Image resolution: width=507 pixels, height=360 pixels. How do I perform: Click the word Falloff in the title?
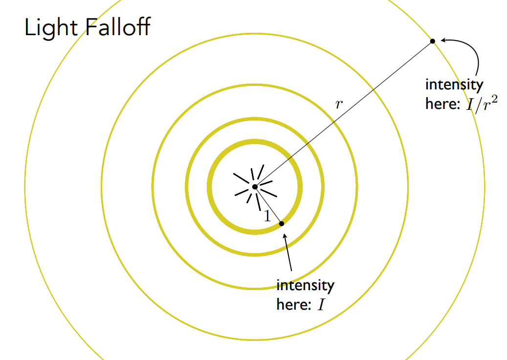(118, 26)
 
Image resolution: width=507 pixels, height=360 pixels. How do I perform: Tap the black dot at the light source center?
(255, 187)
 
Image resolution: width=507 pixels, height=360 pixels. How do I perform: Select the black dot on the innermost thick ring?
(281, 224)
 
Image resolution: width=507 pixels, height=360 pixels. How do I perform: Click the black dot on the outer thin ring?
(433, 41)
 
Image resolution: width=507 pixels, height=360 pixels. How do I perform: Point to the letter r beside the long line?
(338, 104)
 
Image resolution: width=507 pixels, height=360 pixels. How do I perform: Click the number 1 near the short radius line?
(267, 216)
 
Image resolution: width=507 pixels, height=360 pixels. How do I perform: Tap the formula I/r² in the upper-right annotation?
(482, 104)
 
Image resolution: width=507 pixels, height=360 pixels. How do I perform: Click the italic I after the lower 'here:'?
(321, 305)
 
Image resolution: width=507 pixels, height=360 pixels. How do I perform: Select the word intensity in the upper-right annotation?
(454, 85)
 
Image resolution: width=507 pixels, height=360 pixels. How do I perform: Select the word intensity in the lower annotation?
(305, 286)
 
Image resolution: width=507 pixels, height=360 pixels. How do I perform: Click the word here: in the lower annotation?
(294, 305)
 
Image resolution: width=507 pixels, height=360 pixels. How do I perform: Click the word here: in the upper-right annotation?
(442, 104)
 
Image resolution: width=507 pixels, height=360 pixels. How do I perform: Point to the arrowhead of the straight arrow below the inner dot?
(285, 236)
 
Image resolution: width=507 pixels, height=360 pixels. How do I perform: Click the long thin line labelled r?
(344, 114)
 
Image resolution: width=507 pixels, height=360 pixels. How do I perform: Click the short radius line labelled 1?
(268, 205)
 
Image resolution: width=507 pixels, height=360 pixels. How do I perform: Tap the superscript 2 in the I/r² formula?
(494, 99)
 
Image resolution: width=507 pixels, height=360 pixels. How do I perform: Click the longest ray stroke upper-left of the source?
(241, 178)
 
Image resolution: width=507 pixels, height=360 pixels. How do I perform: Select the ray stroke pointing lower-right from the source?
(268, 193)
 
